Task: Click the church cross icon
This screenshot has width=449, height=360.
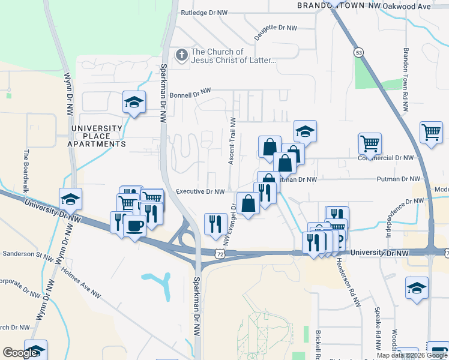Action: point(181,56)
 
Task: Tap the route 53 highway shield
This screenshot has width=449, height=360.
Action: point(359,52)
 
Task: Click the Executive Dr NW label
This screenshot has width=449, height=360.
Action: point(200,192)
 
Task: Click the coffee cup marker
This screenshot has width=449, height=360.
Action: point(134,226)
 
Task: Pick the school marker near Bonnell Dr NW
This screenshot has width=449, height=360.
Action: point(134,102)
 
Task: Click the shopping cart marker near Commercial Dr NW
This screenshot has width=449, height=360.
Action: point(370,143)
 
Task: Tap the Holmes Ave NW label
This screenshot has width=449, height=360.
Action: point(80,282)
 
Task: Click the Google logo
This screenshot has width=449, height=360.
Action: point(20,353)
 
